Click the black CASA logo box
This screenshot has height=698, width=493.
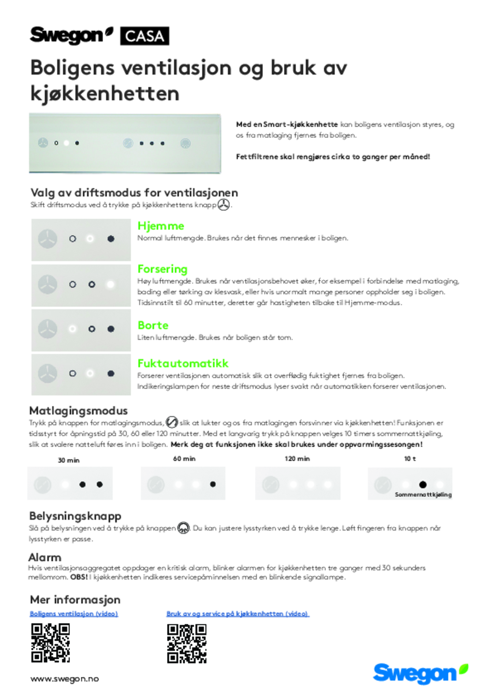tap(145, 36)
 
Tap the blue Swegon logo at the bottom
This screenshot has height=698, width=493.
tap(420, 674)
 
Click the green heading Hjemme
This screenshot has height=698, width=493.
tap(161, 226)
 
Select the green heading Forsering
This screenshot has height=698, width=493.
tap(162, 269)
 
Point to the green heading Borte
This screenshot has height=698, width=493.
tap(153, 325)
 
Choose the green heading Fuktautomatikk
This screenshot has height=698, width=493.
tap(183, 363)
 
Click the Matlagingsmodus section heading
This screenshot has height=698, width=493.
tap(78, 411)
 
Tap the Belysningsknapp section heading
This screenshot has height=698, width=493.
tap(75, 516)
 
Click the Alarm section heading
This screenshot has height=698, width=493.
tap(45, 557)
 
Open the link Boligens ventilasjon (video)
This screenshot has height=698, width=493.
tap(74, 614)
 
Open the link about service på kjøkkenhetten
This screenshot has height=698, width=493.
tap(238, 614)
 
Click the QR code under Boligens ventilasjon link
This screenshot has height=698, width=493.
tap(51, 643)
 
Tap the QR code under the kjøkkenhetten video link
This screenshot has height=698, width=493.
tap(187, 643)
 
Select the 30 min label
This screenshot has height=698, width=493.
tap(69, 460)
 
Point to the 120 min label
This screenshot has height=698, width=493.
tap(297, 459)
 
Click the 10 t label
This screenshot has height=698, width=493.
tap(410, 459)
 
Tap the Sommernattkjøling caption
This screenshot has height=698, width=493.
tap(423, 495)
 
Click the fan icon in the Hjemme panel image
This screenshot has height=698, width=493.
tap(47, 239)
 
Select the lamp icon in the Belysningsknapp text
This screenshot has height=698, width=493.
tap(184, 528)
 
